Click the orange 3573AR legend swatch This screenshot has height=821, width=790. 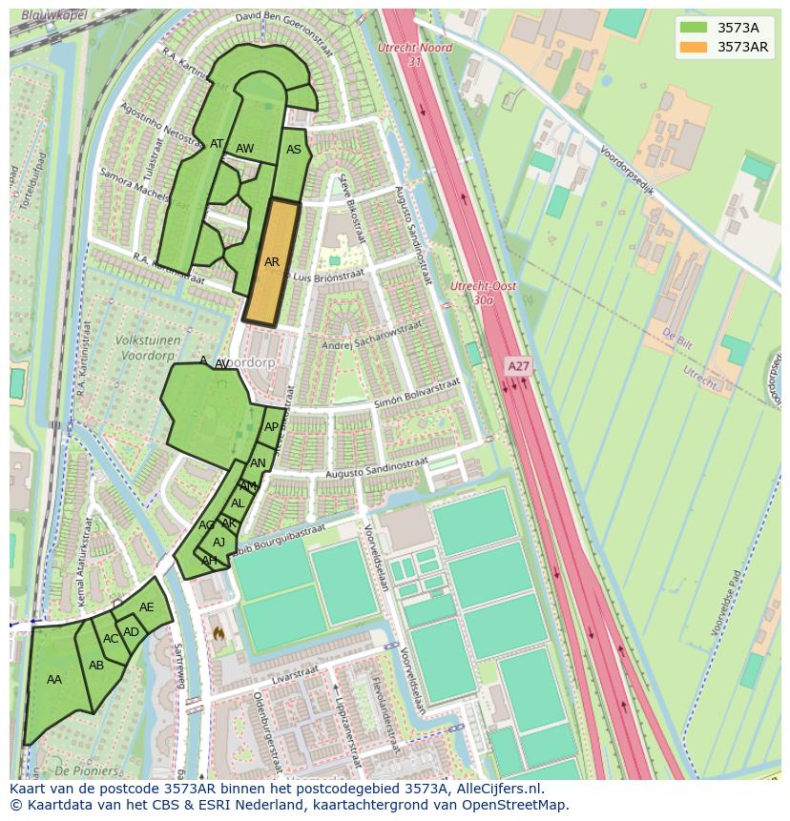(694, 47)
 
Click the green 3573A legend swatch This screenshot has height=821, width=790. (694, 28)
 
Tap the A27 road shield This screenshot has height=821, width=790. (518, 365)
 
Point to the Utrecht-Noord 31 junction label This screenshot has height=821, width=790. (414, 54)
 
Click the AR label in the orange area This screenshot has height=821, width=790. (272, 262)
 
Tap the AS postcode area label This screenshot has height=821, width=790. (294, 150)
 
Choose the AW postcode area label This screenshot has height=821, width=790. (244, 149)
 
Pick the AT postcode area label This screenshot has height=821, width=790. (217, 145)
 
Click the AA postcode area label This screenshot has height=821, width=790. (54, 680)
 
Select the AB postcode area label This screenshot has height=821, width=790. (96, 666)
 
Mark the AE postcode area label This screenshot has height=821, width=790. (146, 607)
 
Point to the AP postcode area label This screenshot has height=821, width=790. (272, 427)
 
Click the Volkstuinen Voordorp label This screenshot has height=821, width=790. (125, 347)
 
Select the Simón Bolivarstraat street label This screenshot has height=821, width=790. (417, 393)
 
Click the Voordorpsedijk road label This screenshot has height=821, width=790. (626, 170)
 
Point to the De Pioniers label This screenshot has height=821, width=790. (86, 770)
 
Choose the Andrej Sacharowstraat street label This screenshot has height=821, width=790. (372, 337)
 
